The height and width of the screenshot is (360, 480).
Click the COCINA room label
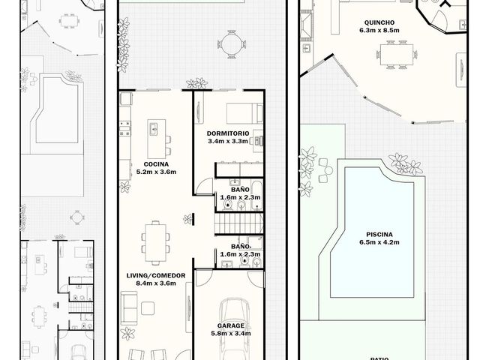pos(156,164)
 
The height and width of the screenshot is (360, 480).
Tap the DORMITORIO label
pos(228,133)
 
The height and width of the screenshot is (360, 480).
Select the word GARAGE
pos(231,325)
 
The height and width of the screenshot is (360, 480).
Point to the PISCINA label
pos(379,235)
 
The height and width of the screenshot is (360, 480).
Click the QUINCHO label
pos(379,22)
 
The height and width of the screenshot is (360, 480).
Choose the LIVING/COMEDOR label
pos(156,275)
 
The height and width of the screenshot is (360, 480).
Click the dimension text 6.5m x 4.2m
pos(379,242)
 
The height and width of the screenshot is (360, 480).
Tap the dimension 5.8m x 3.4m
pos(231,333)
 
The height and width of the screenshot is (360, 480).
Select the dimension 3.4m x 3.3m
pos(228,141)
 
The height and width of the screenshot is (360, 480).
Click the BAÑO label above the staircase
pos(240,190)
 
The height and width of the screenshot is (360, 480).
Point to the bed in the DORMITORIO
pos(244,113)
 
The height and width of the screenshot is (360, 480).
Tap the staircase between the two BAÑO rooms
pos(238,223)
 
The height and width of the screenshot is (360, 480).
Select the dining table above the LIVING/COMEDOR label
pos(155,243)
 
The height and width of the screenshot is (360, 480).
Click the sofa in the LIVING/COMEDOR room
pos(129,307)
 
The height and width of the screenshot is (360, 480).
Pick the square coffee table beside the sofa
pos(148,308)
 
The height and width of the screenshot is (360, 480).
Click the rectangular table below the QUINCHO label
pos(397,55)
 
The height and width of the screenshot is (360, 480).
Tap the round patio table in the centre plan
pos(231,44)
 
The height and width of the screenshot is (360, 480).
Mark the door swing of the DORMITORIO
pos(204,185)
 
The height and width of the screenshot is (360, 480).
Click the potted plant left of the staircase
pos(187,219)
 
